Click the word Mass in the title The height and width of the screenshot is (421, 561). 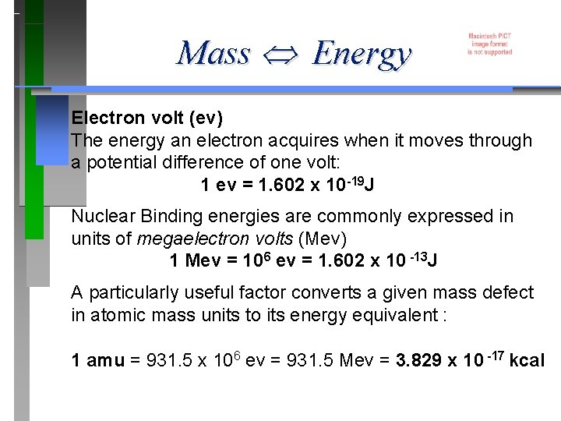click(x=213, y=54)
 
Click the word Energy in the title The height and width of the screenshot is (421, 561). click(x=360, y=55)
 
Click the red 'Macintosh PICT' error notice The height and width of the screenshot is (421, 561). click(x=490, y=44)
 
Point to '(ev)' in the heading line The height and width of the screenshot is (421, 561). click(x=207, y=119)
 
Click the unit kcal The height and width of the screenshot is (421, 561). click(x=527, y=361)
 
